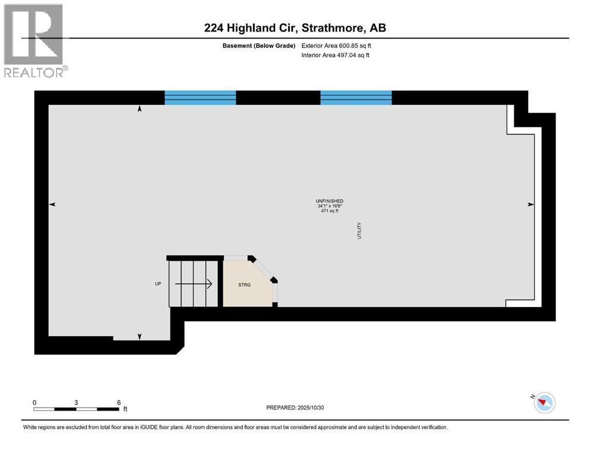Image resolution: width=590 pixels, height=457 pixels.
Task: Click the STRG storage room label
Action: (244, 285)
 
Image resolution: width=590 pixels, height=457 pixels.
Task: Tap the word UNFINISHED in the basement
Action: (330, 201)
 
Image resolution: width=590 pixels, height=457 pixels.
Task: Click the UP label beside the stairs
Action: (158, 284)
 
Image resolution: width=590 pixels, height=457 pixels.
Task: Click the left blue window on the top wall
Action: (200, 98)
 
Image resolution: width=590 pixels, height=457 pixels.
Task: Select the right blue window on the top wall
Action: (356, 98)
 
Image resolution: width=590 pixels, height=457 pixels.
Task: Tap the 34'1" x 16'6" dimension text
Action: (330, 206)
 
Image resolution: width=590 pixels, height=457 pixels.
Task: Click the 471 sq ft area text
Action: (330, 211)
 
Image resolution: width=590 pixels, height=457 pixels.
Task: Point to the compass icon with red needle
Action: (544, 403)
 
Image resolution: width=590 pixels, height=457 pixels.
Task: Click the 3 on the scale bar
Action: (76, 402)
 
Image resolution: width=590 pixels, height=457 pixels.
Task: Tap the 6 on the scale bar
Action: (118, 402)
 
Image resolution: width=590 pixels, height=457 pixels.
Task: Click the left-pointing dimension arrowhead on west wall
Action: (52, 204)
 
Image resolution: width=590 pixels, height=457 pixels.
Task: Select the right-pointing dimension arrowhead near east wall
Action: (530, 204)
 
